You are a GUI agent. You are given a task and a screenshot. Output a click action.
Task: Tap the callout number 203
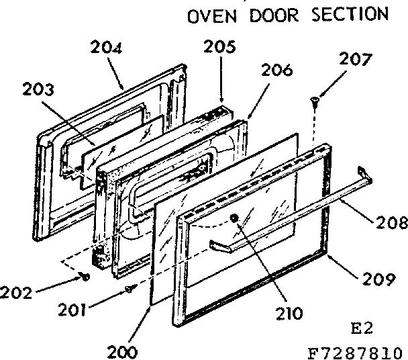[38, 90]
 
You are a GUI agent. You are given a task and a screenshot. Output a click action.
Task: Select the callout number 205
[221, 46]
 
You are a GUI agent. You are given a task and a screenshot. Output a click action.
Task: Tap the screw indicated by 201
[130, 288]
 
